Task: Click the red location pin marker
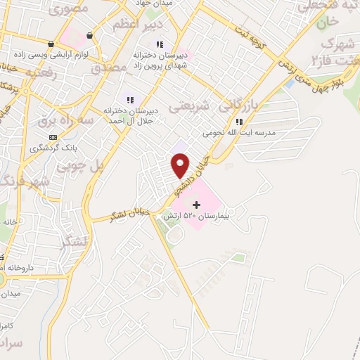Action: coord(181,165)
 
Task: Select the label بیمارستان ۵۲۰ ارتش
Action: coord(192,217)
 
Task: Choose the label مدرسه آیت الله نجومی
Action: coord(238,133)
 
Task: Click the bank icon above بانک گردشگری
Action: coord(53,137)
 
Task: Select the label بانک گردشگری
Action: coord(53,148)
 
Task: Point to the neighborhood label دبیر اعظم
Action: coord(139,25)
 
